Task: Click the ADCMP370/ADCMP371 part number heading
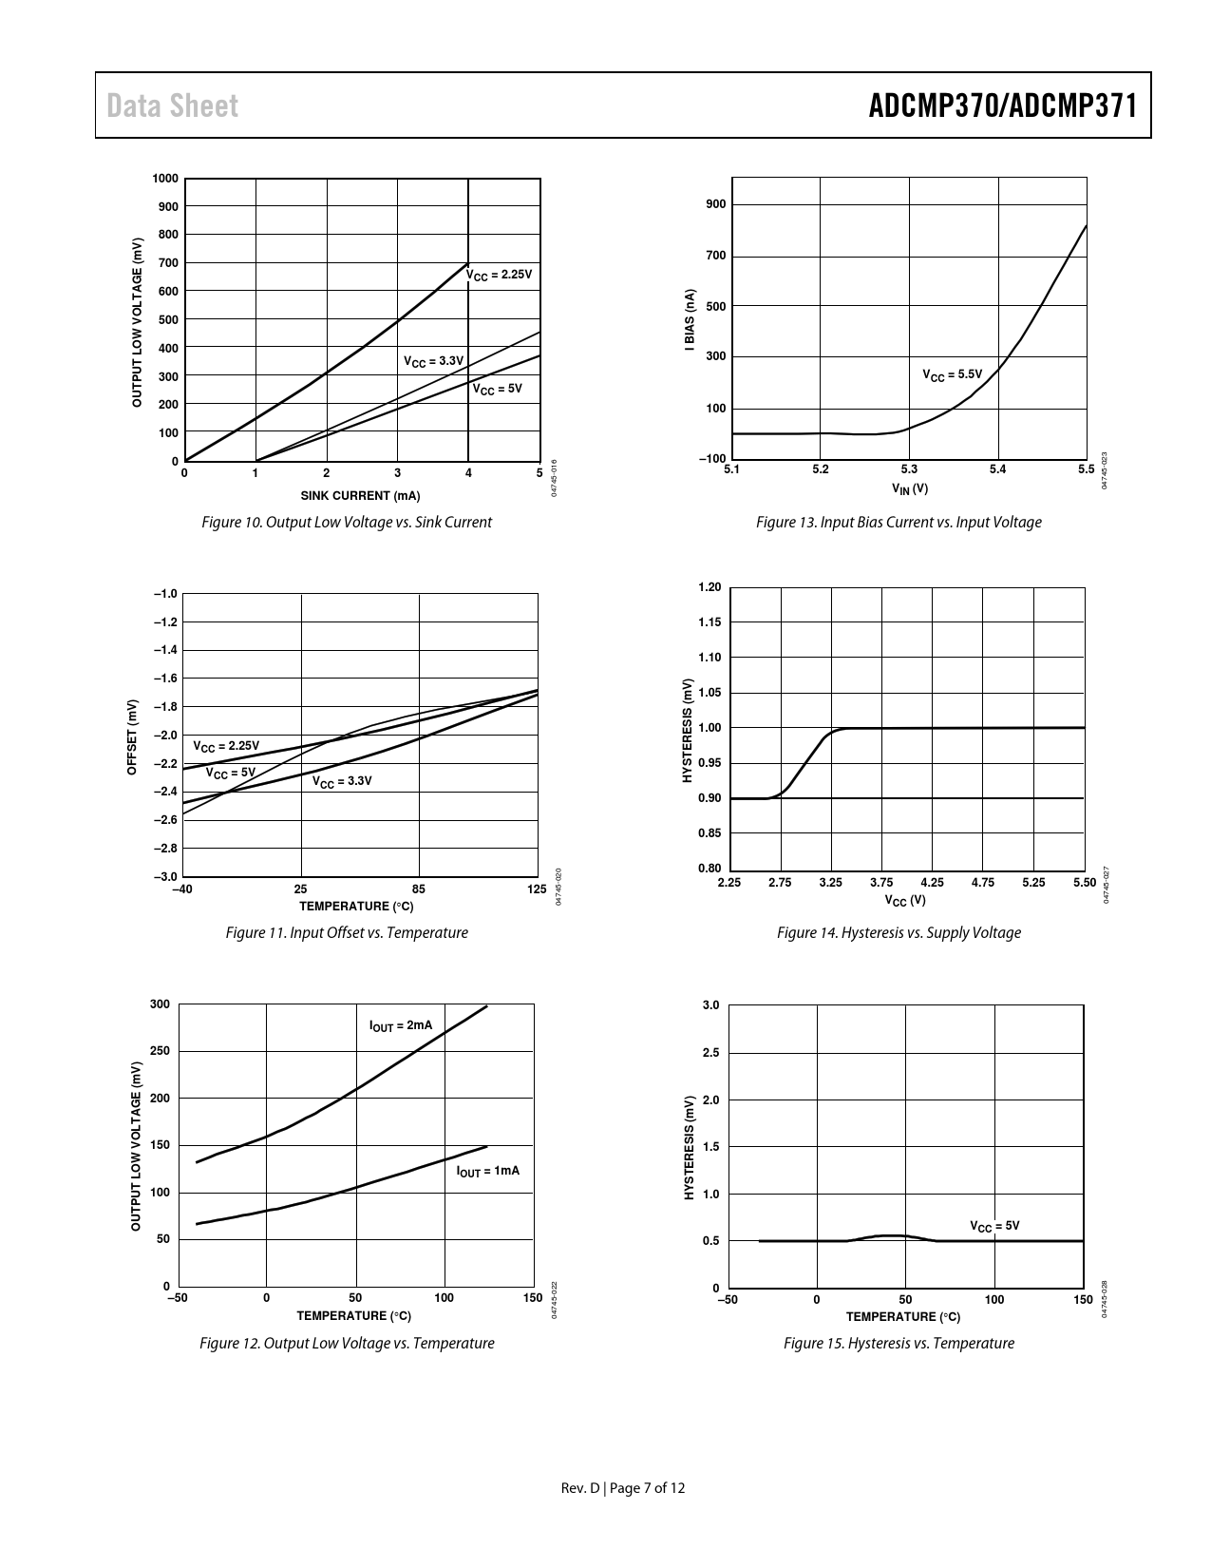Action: [x=1002, y=105]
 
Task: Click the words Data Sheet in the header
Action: [x=172, y=105]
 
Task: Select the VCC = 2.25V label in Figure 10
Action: [x=500, y=275]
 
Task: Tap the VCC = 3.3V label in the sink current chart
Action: [x=433, y=361]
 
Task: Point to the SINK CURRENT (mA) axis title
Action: [x=360, y=496]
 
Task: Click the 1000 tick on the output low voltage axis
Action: [x=164, y=179]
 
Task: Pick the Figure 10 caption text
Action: [x=347, y=522]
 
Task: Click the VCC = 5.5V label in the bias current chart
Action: [x=952, y=374]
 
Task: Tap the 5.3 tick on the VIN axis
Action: [x=909, y=468]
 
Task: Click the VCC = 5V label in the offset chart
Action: [x=231, y=774]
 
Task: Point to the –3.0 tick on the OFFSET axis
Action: [x=165, y=876]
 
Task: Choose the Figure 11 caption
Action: [x=347, y=932]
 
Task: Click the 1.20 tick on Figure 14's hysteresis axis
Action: [x=710, y=587]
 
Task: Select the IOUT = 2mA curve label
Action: [x=400, y=1026]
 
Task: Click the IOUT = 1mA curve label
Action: [x=488, y=1171]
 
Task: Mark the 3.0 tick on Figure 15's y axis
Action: [x=711, y=1005]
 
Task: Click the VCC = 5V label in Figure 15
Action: [x=993, y=1226]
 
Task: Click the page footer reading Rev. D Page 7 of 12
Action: [x=623, y=1488]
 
